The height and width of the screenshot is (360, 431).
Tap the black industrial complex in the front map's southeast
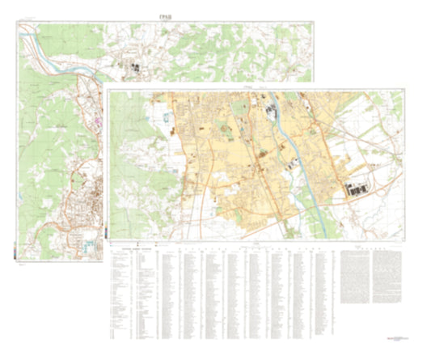[x=358, y=188]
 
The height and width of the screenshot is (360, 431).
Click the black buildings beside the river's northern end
[x=266, y=103]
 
